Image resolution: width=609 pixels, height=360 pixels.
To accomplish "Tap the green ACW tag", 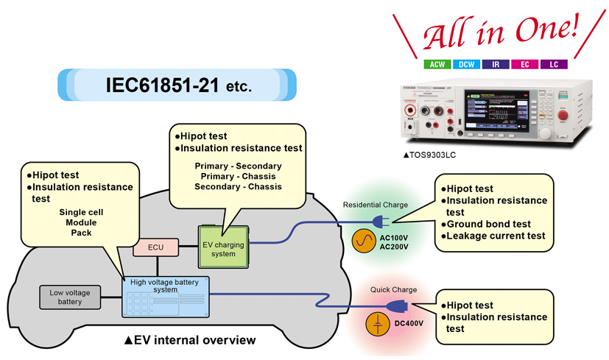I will [437, 64].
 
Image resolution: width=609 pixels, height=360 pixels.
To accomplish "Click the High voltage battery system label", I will [165, 285].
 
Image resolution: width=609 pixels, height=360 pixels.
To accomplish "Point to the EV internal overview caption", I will [190, 340].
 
